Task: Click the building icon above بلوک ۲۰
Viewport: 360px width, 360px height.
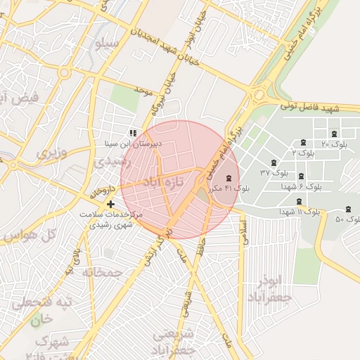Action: pos(333,134)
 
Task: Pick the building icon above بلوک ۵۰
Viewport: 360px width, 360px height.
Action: pos(349,209)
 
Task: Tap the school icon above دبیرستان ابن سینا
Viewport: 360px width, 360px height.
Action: pos(132,132)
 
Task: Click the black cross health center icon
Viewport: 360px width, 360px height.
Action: pos(110,204)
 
